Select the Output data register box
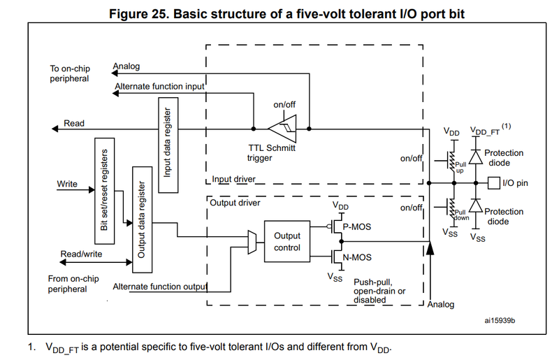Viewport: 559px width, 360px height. (x=142, y=219)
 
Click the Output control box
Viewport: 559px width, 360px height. (x=286, y=242)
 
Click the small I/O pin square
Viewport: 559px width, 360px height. (x=493, y=183)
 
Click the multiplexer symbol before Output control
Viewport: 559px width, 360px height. (x=252, y=241)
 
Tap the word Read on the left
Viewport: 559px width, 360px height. (x=74, y=123)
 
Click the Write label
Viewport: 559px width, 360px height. (x=67, y=185)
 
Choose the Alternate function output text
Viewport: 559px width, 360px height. (x=160, y=287)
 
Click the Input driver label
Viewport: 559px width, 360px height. (x=233, y=180)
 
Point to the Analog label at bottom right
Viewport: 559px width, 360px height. (x=441, y=304)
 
